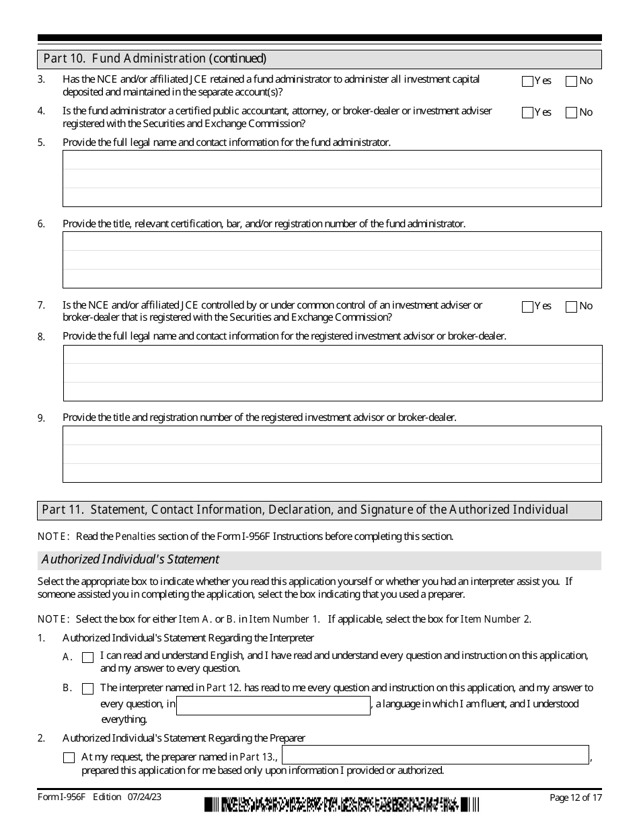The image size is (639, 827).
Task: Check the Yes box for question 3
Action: tap(527, 81)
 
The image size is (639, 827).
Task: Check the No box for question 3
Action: tap(572, 81)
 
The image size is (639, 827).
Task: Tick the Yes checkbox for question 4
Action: tap(527, 113)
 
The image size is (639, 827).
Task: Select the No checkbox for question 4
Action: tap(572, 113)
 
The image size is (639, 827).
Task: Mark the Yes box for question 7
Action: tap(527, 307)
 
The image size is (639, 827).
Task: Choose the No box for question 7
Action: tap(572, 307)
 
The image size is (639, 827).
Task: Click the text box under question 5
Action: tap(332, 178)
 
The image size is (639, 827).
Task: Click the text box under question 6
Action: tap(332, 260)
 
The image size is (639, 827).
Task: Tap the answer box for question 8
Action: tap(332, 372)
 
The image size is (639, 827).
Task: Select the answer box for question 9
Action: tap(332, 454)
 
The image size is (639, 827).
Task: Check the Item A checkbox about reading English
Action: tap(87, 658)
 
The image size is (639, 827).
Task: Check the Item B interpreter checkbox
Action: tap(87, 688)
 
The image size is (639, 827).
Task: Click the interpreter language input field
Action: tap(273, 705)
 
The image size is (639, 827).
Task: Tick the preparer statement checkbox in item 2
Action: tap(69, 758)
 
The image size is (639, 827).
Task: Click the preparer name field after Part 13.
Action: tap(435, 755)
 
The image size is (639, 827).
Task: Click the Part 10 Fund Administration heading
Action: tap(155, 58)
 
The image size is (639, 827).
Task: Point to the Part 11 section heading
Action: tap(305, 510)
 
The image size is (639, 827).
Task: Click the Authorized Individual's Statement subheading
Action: tap(130, 559)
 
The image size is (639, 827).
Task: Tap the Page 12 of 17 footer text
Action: tap(575, 797)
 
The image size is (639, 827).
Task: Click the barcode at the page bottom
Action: tap(342, 804)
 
